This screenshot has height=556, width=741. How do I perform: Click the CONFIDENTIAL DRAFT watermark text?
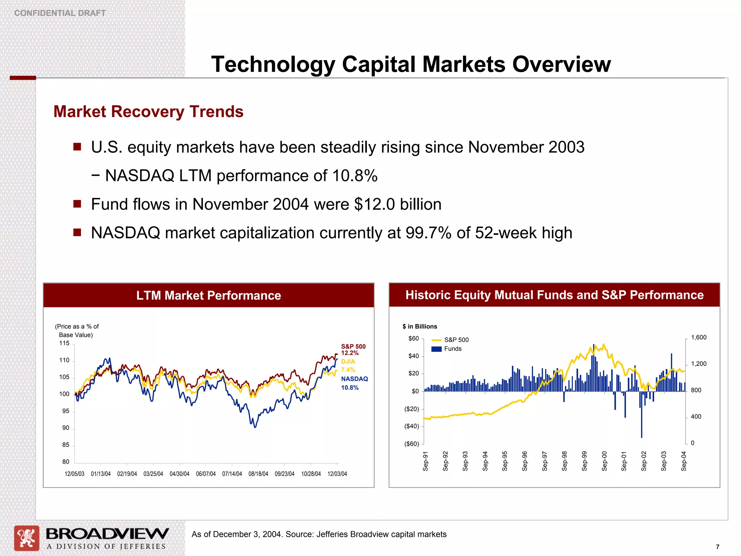click(60, 13)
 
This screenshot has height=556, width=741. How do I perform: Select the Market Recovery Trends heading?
click(148, 111)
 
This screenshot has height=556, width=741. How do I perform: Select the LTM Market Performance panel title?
click(208, 295)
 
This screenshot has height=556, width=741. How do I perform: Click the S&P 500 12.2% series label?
click(353, 350)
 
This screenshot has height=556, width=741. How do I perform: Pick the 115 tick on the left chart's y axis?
click(64, 343)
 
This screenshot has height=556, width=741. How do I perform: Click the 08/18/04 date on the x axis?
click(258, 474)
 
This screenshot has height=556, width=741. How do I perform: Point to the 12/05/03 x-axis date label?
click(74, 474)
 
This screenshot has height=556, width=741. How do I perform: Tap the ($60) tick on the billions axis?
click(411, 444)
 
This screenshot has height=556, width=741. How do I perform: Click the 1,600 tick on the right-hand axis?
click(698, 337)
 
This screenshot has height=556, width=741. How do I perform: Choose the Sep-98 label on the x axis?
click(564, 461)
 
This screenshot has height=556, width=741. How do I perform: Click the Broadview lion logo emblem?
click(26, 538)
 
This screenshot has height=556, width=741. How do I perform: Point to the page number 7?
click(717, 547)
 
